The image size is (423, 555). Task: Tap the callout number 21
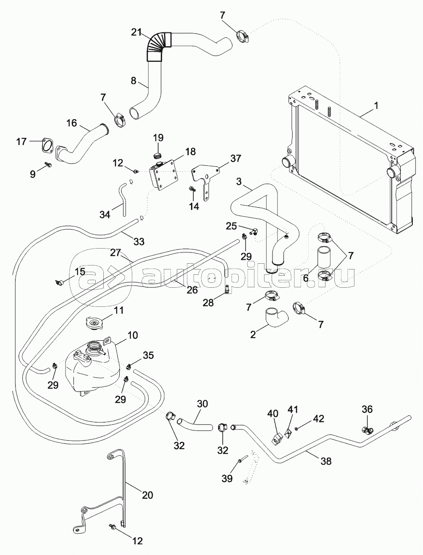(x=137, y=32)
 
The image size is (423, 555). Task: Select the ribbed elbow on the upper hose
(x=158, y=45)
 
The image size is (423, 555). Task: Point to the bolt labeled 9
(x=48, y=165)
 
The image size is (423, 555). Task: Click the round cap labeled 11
(x=94, y=323)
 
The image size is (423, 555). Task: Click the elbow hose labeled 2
(x=277, y=317)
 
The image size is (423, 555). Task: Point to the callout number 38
(x=326, y=461)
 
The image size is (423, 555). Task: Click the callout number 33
(x=139, y=241)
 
